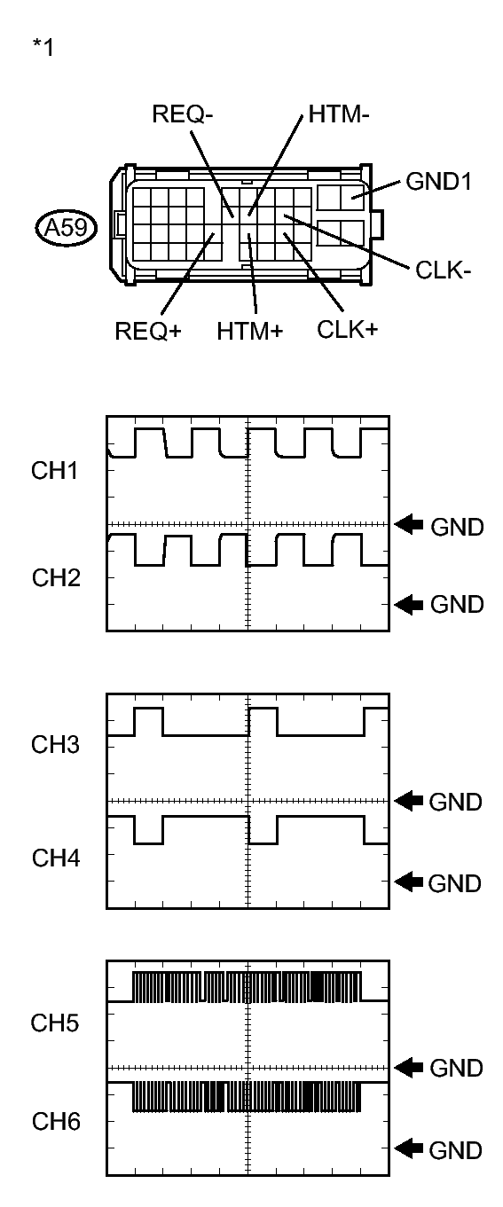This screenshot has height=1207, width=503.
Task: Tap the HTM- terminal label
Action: coord(334,116)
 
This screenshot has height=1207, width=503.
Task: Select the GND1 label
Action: coord(436,183)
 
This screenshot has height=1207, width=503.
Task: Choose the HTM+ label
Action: coord(250,332)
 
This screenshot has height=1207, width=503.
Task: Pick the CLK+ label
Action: coord(348,330)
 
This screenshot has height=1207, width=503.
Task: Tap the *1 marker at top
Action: coord(42,48)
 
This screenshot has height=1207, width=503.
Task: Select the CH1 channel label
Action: coord(54,471)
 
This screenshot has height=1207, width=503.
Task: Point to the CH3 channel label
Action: coord(54,745)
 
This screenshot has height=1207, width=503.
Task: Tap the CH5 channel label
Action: coord(54,1024)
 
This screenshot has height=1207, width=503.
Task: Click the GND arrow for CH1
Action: coord(411,525)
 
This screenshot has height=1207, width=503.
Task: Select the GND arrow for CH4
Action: coord(409,882)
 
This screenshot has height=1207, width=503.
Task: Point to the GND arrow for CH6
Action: coord(409,1149)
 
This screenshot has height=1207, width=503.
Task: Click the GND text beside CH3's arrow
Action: coord(456,802)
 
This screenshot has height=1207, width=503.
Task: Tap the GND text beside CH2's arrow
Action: coord(457,605)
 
